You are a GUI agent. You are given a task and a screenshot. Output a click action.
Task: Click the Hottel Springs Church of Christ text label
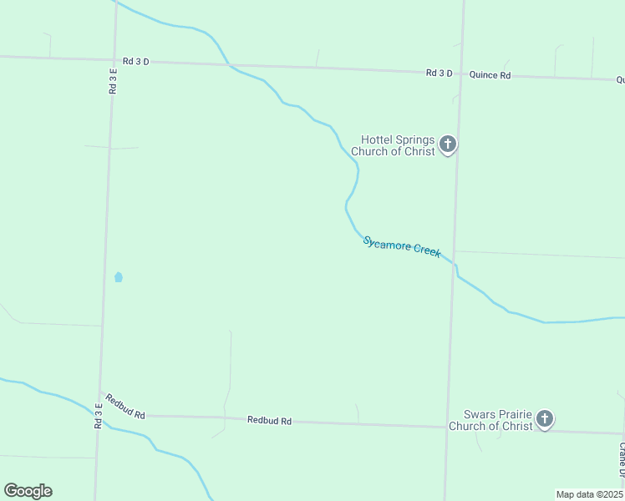(x=393, y=145)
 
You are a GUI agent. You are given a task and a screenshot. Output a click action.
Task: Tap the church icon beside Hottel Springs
(x=448, y=145)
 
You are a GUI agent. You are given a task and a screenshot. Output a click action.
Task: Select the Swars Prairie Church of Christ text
(x=490, y=420)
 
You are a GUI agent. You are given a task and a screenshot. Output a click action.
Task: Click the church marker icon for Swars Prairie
(x=545, y=419)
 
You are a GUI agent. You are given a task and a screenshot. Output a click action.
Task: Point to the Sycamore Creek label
(x=402, y=246)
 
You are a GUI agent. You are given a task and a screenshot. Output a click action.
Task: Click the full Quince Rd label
(x=490, y=75)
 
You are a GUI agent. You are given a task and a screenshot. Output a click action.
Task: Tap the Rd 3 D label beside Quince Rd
(x=439, y=73)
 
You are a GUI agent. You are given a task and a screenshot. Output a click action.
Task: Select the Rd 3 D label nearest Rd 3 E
(x=135, y=61)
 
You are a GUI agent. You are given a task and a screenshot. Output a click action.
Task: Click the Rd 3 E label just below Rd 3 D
(x=113, y=81)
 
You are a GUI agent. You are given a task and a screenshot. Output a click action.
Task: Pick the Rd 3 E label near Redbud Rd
(x=99, y=415)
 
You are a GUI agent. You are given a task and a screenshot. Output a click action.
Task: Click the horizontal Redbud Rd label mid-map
(x=269, y=421)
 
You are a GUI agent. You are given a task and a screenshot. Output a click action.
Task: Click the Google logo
(x=28, y=491)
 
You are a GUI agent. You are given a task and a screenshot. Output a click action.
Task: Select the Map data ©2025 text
(x=589, y=494)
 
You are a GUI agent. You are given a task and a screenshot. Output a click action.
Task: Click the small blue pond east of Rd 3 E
(x=118, y=277)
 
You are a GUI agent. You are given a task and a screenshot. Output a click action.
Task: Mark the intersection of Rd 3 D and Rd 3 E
(x=114, y=60)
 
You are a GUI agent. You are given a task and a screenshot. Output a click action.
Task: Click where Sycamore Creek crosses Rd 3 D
(x=227, y=63)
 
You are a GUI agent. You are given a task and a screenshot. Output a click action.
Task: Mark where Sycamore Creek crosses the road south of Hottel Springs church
(x=455, y=264)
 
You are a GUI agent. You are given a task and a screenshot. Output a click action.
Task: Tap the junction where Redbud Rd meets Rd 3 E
(x=100, y=392)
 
